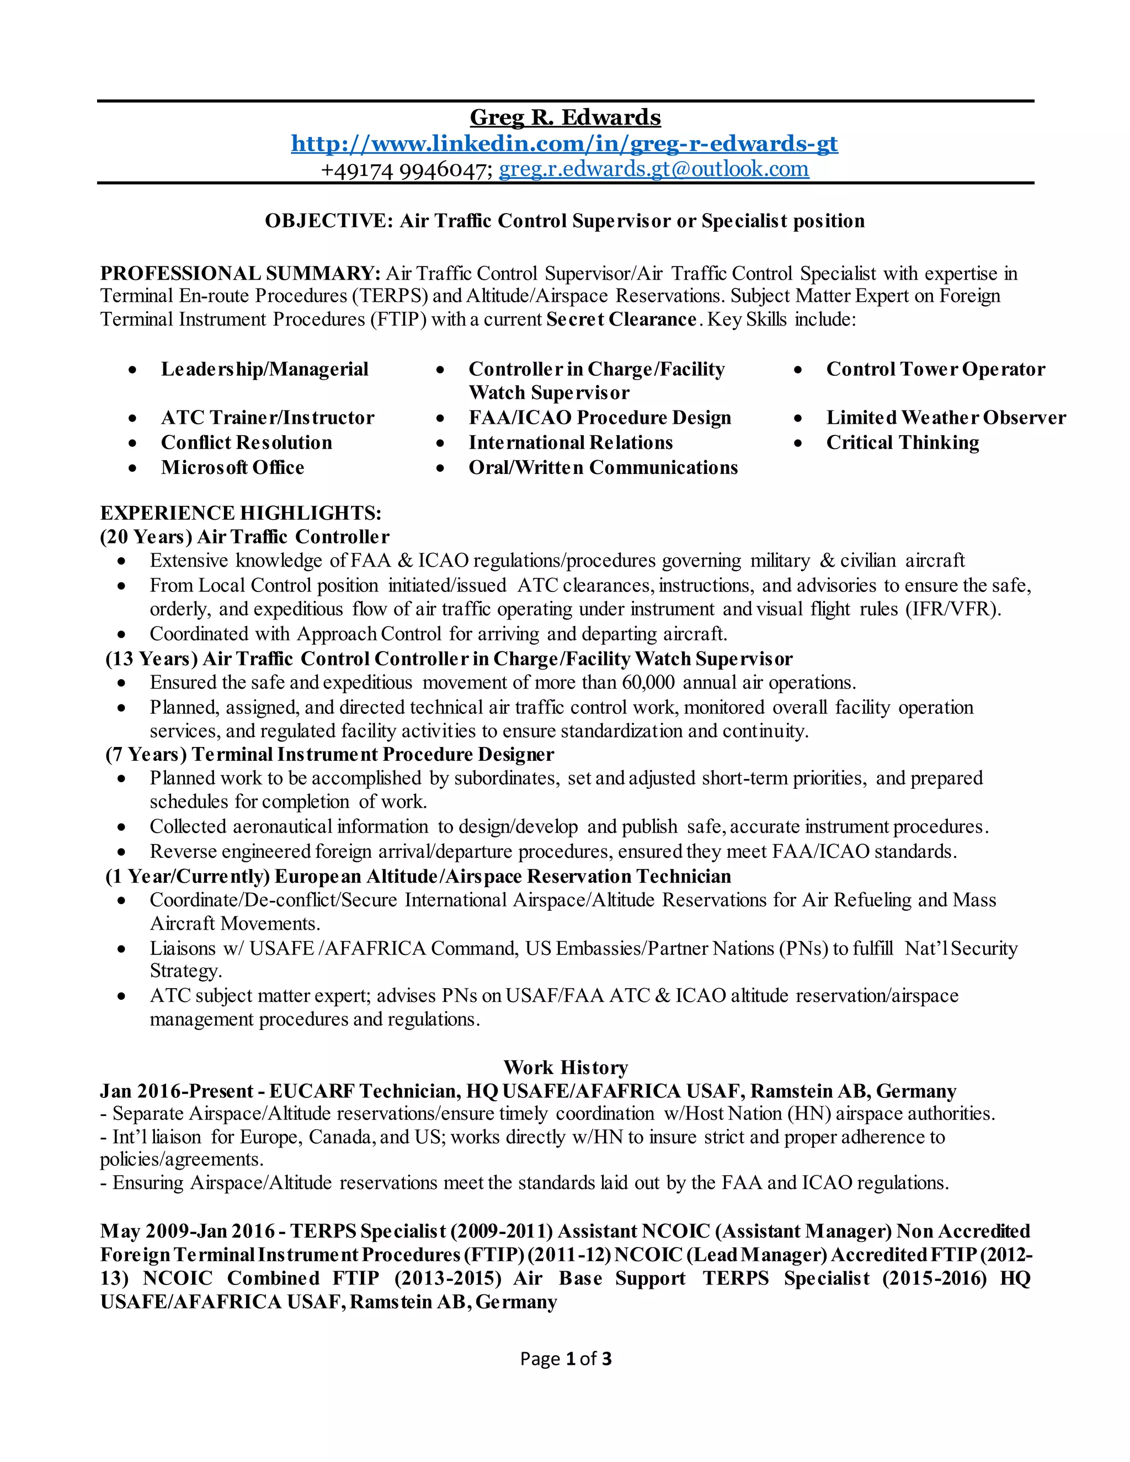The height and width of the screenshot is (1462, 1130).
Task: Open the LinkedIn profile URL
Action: pyautogui.click(x=564, y=143)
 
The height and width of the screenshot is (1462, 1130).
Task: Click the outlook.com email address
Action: pyautogui.click(x=653, y=169)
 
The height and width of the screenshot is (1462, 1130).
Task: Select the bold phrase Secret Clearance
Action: pyautogui.click(x=621, y=319)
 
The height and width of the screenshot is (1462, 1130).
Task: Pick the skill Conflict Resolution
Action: pyautogui.click(x=246, y=442)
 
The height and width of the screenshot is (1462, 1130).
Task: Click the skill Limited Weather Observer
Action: pyautogui.click(x=945, y=418)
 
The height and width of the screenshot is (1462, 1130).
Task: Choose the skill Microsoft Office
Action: pyautogui.click(x=232, y=467)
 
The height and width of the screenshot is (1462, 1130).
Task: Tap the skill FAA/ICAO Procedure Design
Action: pyautogui.click(x=600, y=418)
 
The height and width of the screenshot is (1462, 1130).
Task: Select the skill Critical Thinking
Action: pyautogui.click(x=902, y=442)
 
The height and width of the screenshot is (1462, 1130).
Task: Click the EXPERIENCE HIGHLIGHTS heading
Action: pyautogui.click(x=241, y=514)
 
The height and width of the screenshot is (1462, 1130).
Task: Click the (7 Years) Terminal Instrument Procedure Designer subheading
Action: pyautogui.click(x=329, y=754)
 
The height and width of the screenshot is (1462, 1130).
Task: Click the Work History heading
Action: pyautogui.click(x=565, y=1067)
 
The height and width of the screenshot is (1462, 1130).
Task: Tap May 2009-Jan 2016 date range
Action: pyautogui.click(x=188, y=1231)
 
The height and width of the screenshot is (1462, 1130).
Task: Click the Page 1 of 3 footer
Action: pyautogui.click(x=565, y=1358)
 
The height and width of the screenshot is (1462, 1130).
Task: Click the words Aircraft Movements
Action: pyautogui.click(x=234, y=924)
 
